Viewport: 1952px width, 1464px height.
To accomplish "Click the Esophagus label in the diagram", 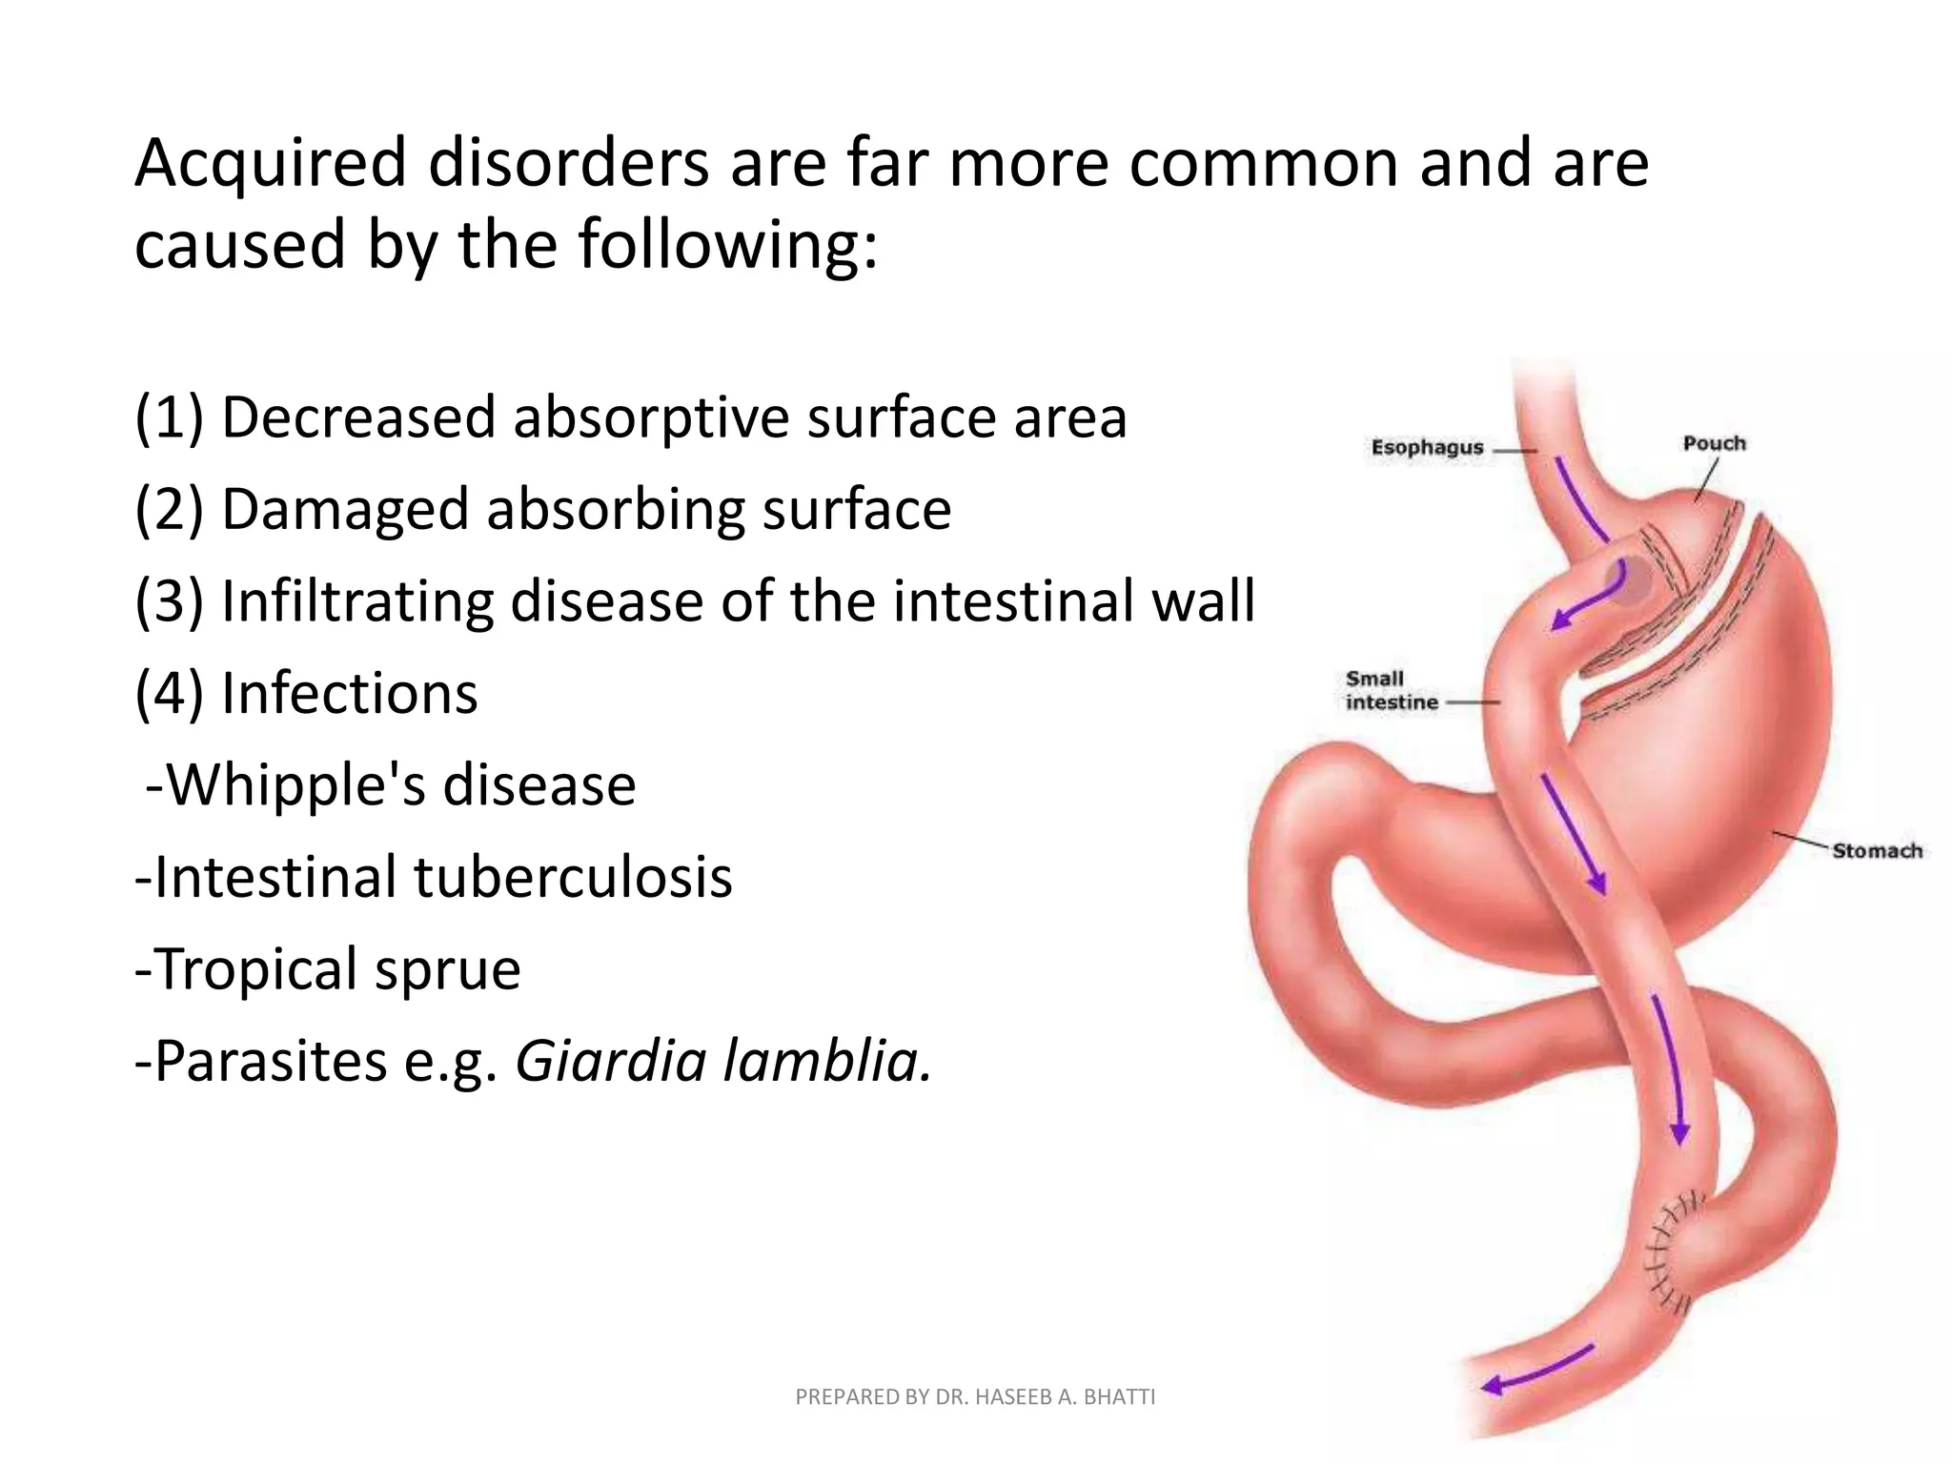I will (x=1427, y=448).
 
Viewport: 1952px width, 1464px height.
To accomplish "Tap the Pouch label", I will (x=1714, y=443).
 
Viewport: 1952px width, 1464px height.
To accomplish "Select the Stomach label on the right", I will (x=1876, y=850).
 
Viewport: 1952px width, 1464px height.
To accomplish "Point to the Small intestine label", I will (x=1391, y=691).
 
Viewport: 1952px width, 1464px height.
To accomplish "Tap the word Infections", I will (x=349, y=693).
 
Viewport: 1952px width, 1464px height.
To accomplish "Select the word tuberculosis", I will (x=573, y=877).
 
